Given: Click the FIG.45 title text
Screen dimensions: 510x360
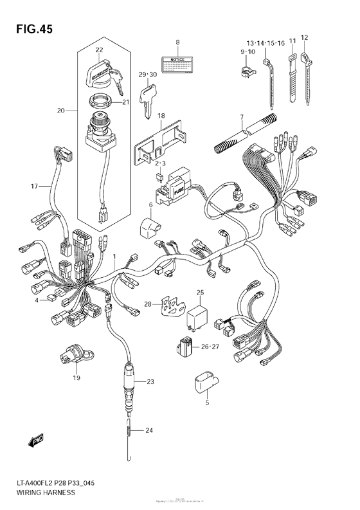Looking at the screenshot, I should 29,29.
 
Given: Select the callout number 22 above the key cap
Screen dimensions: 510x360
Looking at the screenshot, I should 99,50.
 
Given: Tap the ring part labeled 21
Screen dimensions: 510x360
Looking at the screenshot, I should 99,100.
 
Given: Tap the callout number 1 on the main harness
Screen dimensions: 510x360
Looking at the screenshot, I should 114,257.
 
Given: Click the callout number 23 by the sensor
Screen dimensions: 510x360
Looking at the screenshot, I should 150,382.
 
